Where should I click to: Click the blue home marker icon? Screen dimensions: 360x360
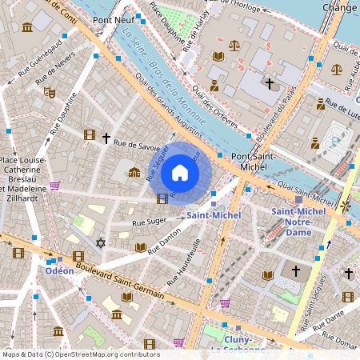(x=180, y=173)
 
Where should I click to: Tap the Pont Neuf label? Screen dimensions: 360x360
(x=113, y=19)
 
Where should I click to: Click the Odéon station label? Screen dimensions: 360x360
(x=59, y=270)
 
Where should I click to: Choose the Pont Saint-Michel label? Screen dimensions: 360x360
(x=253, y=162)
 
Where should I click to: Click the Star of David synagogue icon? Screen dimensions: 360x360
(x=101, y=242)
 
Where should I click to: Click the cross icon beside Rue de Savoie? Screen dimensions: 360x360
(x=106, y=138)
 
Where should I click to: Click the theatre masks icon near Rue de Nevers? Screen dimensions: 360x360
(x=50, y=93)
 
